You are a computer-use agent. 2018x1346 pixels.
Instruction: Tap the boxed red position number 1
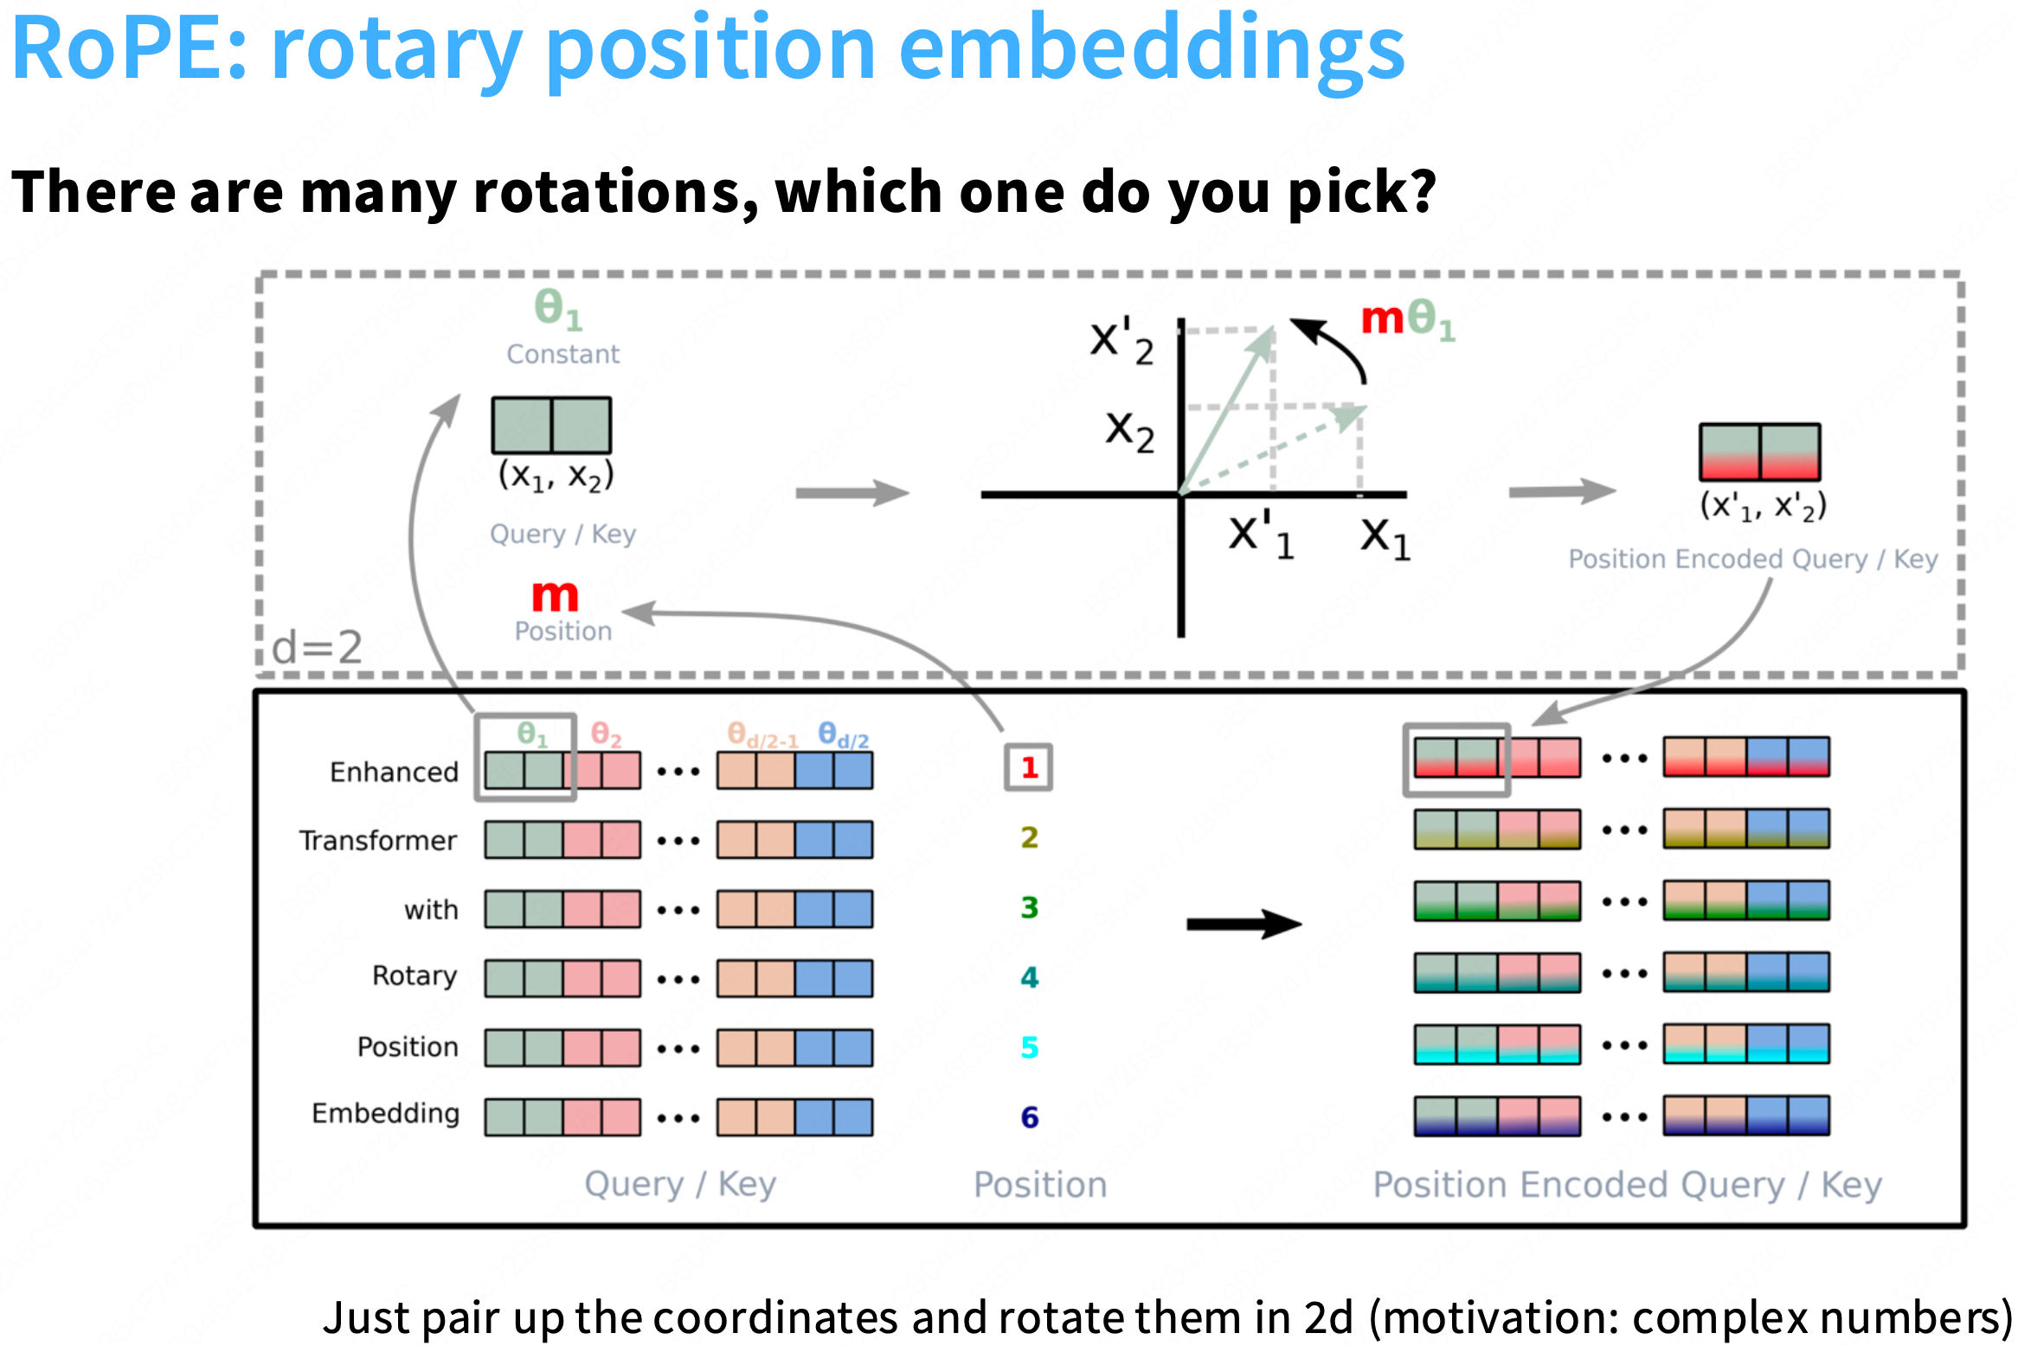pos(1029,767)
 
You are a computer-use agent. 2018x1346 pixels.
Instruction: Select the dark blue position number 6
pos(1029,1117)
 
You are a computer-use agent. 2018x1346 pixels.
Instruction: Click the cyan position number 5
pos(1029,1048)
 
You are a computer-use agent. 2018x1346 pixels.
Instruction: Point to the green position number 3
pos(1029,907)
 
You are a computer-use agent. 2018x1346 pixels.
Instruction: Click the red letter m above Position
pos(555,596)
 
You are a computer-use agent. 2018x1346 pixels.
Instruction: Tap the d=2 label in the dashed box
pos(317,647)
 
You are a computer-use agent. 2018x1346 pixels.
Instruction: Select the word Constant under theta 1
pos(563,354)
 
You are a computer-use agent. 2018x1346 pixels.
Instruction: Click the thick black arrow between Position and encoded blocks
pos(1244,924)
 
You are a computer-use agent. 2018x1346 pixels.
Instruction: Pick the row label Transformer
pos(378,840)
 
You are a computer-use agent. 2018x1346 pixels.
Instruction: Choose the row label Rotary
pos(415,976)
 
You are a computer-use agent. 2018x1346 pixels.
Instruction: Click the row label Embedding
pos(386,1113)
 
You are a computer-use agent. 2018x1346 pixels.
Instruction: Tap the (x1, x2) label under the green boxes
pos(556,476)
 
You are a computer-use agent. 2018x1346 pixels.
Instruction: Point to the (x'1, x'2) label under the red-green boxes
pos(1763,506)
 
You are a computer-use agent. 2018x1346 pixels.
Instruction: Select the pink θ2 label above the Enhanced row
pos(606,735)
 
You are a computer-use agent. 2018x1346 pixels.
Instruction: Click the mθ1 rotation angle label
pos(1408,320)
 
